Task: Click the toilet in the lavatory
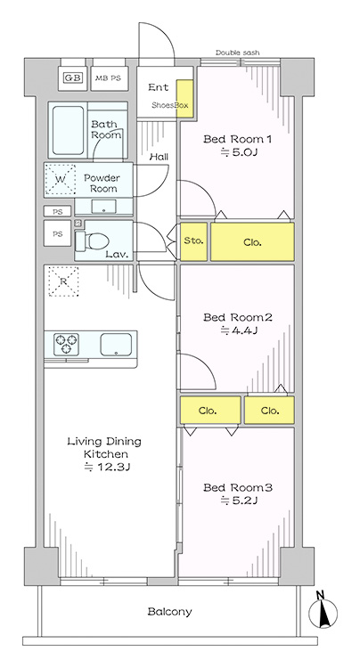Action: point(92,241)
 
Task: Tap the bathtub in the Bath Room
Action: point(68,130)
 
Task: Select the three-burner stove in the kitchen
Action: point(66,344)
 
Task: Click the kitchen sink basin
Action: point(116,344)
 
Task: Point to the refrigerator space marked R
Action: point(63,281)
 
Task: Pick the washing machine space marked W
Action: point(61,179)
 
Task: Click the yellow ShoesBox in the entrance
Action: point(184,99)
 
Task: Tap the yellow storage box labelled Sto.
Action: point(193,241)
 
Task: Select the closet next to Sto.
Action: point(252,241)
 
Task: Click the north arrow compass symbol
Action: point(323,613)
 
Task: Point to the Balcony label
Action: point(169,612)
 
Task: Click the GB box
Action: point(73,78)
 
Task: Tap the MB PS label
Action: point(108,78)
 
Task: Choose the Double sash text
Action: point(237,53)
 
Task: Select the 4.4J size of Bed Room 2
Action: point(239,330)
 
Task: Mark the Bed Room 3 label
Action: point(237,487)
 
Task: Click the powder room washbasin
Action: point(103,207)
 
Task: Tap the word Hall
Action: point(159,157)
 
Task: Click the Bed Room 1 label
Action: point(237,139)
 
